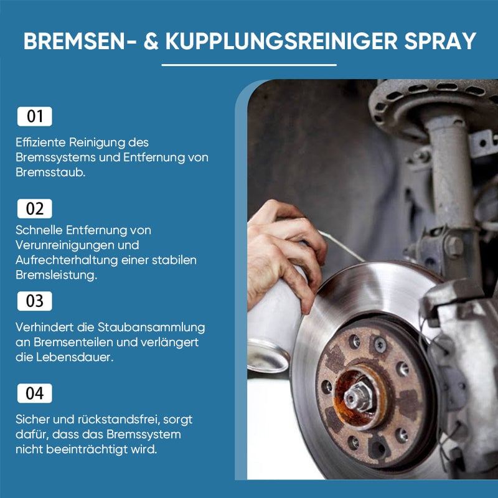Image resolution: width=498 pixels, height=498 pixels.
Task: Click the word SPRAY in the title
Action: pos(440,40)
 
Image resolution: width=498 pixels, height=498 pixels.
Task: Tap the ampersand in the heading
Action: pos(151,40)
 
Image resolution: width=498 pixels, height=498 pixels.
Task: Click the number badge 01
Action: pos(35,116)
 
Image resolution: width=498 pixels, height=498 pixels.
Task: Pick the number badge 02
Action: pos(35,209)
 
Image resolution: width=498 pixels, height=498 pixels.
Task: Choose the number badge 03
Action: pos(35,301)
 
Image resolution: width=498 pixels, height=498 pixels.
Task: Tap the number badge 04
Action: pos(35,393)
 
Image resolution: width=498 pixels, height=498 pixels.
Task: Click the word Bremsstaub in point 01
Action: pos(50,172)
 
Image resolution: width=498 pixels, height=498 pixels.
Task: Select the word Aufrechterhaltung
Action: pos(67,260)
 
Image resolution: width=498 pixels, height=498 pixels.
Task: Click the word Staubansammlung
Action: pos(151,327)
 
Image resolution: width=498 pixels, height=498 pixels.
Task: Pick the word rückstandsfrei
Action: pos(118,420)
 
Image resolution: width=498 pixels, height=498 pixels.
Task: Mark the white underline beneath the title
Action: pos(249,65)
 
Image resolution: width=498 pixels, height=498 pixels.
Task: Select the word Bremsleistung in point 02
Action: pos(56,275)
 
